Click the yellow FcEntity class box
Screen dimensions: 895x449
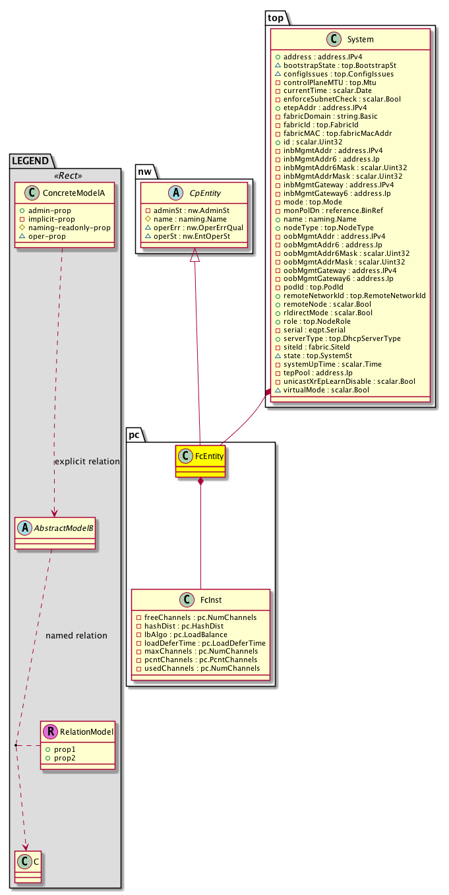(x=200, y=461)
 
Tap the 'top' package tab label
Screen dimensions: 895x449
(x=275, y=17)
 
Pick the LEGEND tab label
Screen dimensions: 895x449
(x=30, y=160)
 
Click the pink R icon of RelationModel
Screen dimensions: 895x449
(x=49, y=731)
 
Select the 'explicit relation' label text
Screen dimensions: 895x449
(x=87, y=462)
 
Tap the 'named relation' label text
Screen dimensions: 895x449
(x=76, y=636)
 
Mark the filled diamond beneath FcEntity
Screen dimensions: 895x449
(x=200, y=482)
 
